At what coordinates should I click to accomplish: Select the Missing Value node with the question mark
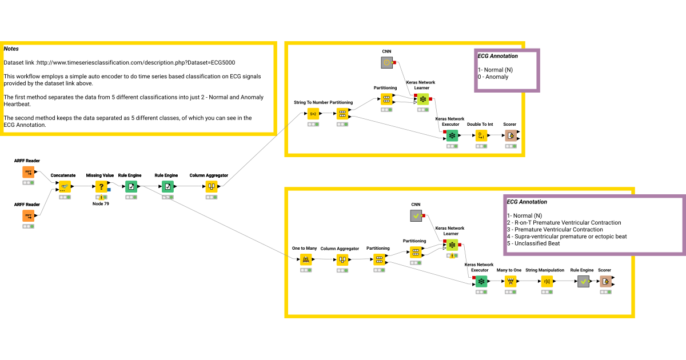pos(101,186)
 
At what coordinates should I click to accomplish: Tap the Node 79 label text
pos(101,204)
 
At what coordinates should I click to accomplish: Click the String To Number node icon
pos(313,114)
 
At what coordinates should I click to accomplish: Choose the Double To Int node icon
pos(481,135)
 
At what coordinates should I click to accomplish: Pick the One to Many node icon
pos(306,259)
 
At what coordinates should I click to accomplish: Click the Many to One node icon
pos(510,281)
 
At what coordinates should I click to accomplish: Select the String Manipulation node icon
pos(547,281)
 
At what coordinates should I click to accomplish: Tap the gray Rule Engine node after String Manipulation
pos(583,281)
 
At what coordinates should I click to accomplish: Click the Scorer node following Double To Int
pos(510,135)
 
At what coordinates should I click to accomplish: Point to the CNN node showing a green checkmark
pos(416,215)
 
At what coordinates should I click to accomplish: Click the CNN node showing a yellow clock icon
pos(386,62)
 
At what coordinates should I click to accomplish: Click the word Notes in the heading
pos(11,49)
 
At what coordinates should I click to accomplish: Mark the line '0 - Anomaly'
pos(493,77)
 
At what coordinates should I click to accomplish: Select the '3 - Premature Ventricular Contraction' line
pos(555,229)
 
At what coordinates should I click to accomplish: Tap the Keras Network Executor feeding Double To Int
pos(452,135)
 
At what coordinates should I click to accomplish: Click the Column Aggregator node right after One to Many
pos(342,259)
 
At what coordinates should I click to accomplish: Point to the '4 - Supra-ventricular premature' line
pos(567,237)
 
